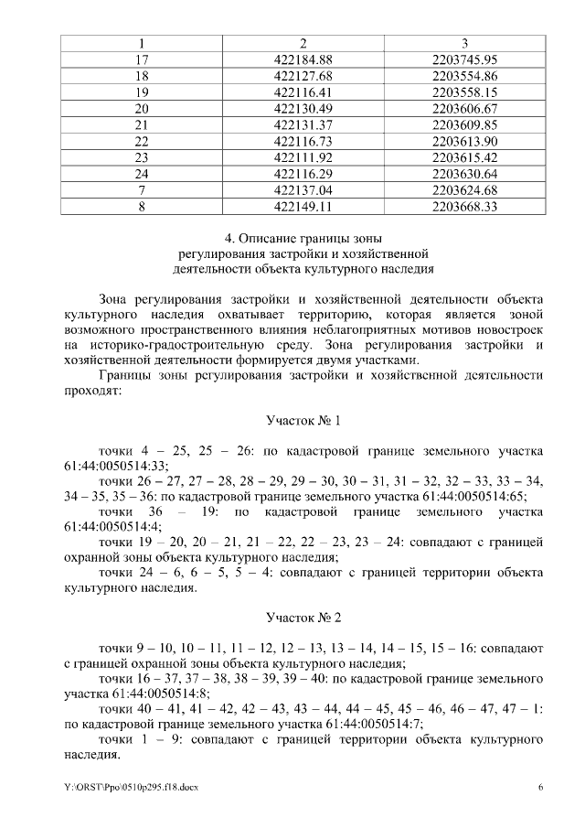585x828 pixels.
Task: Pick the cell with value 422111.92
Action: [x=303, y=157]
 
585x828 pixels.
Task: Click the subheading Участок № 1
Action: [x=303, y=422]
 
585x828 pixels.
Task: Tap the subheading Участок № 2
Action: [x=303, y=619]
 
